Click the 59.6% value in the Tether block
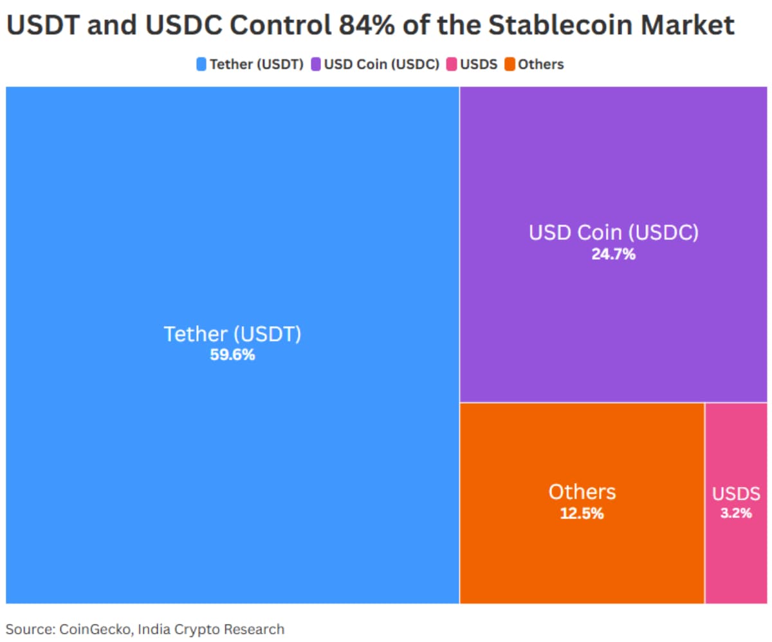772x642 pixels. coord(232,354)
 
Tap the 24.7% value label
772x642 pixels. coord(613,254)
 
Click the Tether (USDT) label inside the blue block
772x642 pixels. coord(232,335)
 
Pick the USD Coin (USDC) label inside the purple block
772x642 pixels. coord(613,233)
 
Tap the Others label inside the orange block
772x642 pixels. coord(582,492)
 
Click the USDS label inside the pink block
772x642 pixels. coord(736,494)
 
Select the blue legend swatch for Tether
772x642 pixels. coord(201,64)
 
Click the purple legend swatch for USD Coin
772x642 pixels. coord(316,64)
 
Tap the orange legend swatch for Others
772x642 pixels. coord(510,64)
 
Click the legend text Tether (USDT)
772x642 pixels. coord(256,64)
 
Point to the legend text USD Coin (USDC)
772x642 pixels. coord(381,64)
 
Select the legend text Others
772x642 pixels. coord(540,64)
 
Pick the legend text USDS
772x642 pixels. coord(478,64)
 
